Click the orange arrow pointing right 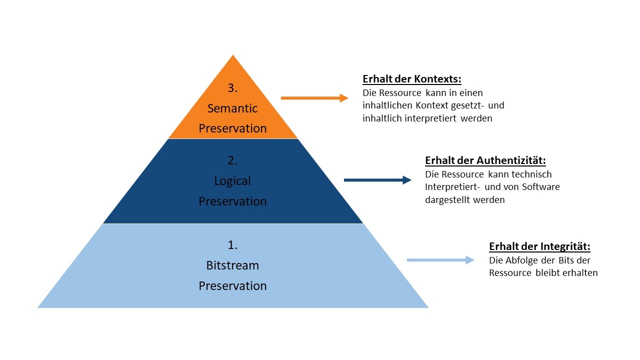[314, 98]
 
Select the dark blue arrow [377, 180]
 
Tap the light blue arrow [440, 260]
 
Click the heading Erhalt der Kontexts [411, 79]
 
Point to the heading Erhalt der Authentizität [485, 160]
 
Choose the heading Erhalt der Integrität [539, 246]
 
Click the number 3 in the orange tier [232, 88]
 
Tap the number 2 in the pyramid [232, 160]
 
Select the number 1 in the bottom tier [232, 245]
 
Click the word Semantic [232, 108]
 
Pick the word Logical [232, 181]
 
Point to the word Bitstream [232, 265]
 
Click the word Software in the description [541, 187]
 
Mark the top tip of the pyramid [233, 56]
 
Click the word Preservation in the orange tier [232, 128]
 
